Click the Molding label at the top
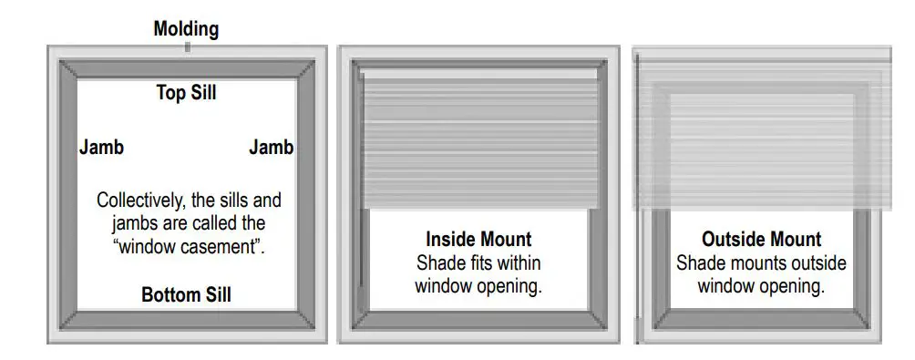click(x=186, y=29)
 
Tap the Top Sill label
click(x=186, y=92)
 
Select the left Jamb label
click(x=101, y=148)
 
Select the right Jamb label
click(x=271, y=148)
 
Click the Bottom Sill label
click(x=186, y=295)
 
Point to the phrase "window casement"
click(x=187, y=247)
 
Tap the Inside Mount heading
click(x=478, y=240)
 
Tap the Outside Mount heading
click(x=761, y=240)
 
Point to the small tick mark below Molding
click(x=187, y=46)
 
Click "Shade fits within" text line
click(x=478, y=263)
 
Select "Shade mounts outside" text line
click(x=761, y=263)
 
